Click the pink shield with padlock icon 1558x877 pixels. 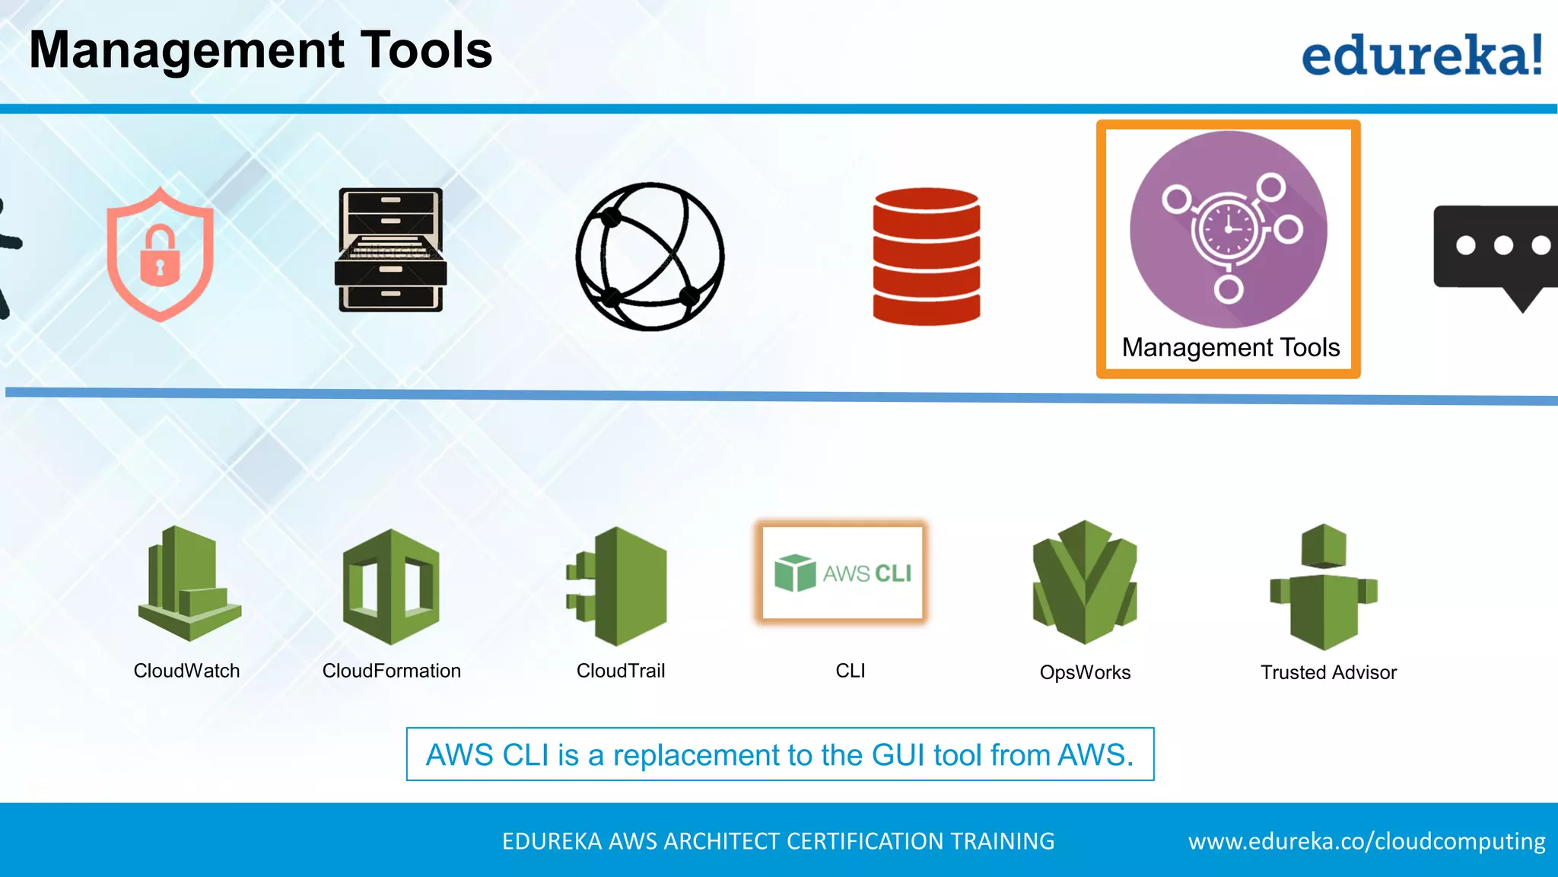pos(160,254)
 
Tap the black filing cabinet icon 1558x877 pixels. pos(390,250)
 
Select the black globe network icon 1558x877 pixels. pos(650,257)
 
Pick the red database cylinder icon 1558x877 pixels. pos(926,257)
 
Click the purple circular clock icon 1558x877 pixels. pos(1228,229)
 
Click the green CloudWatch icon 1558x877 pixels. pos(189,582)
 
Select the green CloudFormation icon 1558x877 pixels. pos(391,586)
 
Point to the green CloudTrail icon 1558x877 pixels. pos(618,585)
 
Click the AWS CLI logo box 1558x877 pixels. pos(842,572)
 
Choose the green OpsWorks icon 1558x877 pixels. pos(1084,582)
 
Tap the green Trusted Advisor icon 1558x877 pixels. pos(1324,586)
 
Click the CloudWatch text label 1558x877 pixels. pos(186,671)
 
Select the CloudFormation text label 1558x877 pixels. pos(391,671)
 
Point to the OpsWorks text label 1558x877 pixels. pos(1085,673)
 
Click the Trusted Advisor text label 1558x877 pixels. pos(1328,673)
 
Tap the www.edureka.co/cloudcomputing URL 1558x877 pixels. pos(1366,841)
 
